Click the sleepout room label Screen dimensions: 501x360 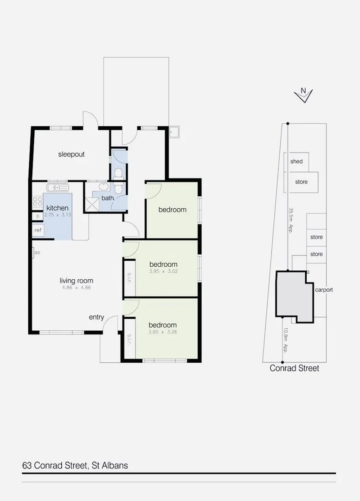point(71,154)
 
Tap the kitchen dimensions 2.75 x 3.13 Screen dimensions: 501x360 point(58,215)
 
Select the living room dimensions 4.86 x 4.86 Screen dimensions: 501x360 point(76,288)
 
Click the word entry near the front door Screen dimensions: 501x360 point(96,317)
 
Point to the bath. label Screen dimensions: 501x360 point(108,198)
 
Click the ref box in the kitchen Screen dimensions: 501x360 point(38,230)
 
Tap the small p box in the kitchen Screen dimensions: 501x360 point(38,216)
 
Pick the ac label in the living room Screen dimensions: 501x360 point(37,253)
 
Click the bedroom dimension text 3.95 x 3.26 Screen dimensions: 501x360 point(162,332)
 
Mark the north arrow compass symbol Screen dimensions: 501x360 point(303,95)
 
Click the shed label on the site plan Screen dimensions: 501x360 point(296,161)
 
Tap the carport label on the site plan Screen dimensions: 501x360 point(324,290)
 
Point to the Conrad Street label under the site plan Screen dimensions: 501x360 point(295,368)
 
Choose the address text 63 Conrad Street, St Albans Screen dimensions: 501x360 point(75,465)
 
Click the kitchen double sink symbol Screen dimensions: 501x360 point(58,187)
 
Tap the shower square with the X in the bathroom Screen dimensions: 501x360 point(91,203)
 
